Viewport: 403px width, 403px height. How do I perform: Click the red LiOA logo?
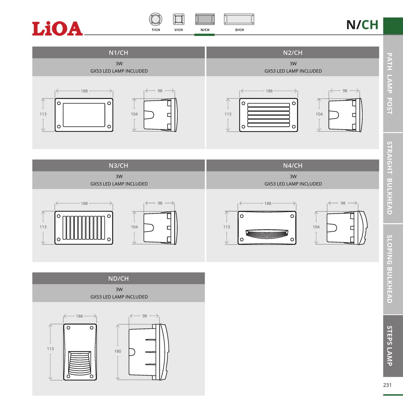(58, 28)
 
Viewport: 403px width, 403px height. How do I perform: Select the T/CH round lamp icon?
(156, 19)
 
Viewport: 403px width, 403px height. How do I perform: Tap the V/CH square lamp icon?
(179, 19)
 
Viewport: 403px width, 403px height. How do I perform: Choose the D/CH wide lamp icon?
(240, 19)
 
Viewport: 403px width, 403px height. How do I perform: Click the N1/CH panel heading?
(118, 53)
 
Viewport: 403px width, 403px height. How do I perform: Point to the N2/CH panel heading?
(293, 53)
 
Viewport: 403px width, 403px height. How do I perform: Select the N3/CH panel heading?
(118, 166)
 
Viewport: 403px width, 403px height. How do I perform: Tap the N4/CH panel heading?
(293, 166)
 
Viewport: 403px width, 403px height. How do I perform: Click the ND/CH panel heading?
(118, 279)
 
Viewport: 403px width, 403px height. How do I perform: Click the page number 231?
(387, 385)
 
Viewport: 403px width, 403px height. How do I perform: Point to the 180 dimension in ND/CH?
(118, 351)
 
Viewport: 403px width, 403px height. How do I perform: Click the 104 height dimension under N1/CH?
(134, 114)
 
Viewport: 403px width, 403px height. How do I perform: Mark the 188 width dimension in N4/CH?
(268, 203)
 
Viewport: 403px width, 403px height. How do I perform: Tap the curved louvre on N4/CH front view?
(267, 233)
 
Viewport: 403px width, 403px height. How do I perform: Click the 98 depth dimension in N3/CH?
(160, 203)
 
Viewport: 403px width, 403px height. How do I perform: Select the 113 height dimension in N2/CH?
(228, 114)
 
